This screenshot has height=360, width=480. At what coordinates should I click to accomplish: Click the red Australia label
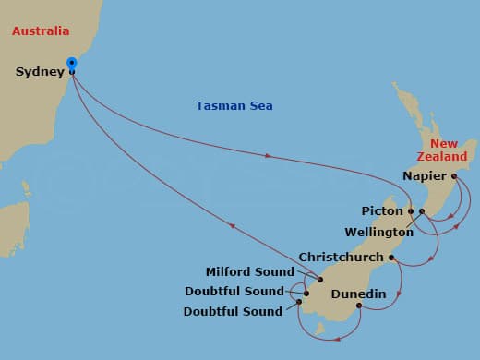(x=40, y=31)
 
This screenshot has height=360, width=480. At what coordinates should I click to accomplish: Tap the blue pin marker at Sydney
(x=72, y=65)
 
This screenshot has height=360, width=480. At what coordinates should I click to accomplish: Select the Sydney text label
(x=40, y=72)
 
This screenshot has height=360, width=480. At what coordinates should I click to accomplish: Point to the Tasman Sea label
(x=234, y=106)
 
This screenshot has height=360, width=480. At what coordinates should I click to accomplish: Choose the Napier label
(x=425, y=175)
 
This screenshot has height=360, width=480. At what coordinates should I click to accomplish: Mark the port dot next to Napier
(x=453, y=175)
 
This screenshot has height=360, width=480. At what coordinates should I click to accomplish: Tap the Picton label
(x=383, y=211)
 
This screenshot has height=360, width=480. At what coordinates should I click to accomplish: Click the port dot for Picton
(x=411, y=211)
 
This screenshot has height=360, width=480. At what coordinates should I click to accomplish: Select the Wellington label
(x=378, y=232)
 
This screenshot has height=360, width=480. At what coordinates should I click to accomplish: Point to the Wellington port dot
(x=422, y=212)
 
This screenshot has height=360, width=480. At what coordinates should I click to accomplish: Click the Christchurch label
(x=341, y=257)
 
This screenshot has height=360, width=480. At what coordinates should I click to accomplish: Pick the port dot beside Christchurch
(x=391, y=258)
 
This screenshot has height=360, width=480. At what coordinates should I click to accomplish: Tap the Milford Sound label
(x=249, y=272)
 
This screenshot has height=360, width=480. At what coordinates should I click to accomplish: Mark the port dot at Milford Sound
(x=319, y=279)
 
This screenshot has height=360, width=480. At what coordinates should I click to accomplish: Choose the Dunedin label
(x=357, y=294)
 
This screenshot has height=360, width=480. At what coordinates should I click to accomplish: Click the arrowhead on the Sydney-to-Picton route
(x=269, y=157)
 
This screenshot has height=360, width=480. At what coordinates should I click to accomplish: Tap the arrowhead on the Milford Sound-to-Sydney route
(x=230, y=225)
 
